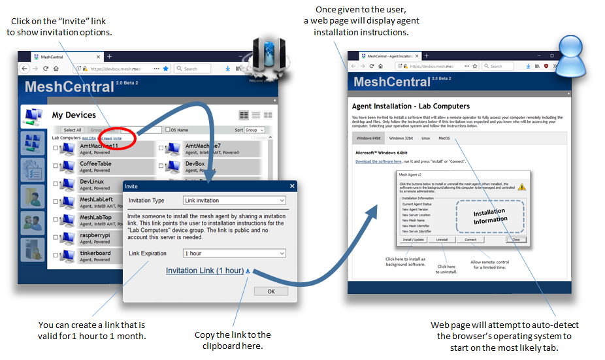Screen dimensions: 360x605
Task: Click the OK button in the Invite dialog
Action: [271, 291]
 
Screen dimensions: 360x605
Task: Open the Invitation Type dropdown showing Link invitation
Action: [235, 201]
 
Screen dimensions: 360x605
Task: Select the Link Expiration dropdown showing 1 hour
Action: [235, 253]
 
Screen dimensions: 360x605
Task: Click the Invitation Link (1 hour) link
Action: [204, 270]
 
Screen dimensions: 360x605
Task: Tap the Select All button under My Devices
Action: [72, 130]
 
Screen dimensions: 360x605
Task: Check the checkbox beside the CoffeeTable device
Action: [56, 166]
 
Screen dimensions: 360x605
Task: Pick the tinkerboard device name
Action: [95, 253]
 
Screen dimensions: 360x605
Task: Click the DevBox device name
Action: [195, 163]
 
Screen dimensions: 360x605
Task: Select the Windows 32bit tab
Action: [401, 139]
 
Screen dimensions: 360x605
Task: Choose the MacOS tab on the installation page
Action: [444, 139]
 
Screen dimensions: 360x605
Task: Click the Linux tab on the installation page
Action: [425, 139]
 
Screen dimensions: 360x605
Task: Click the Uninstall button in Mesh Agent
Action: [442, 240]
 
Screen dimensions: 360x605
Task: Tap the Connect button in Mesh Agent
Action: [470, 240]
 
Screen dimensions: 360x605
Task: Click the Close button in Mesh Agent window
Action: [516, 240]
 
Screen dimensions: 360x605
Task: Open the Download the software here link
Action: [378, 161]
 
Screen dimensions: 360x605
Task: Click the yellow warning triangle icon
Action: [522, 187]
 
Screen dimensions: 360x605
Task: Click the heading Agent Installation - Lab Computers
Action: [410, 106]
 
